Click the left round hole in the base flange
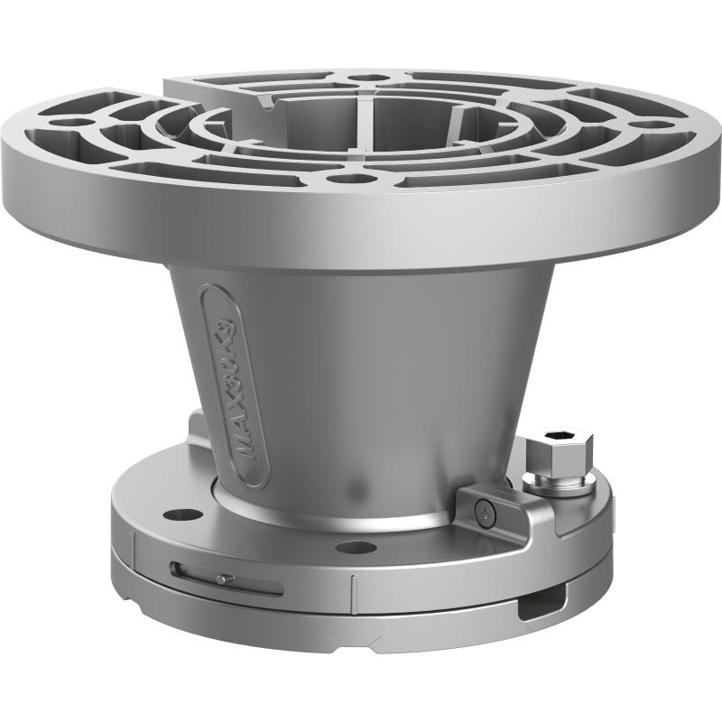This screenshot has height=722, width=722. (x=187, y=514)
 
